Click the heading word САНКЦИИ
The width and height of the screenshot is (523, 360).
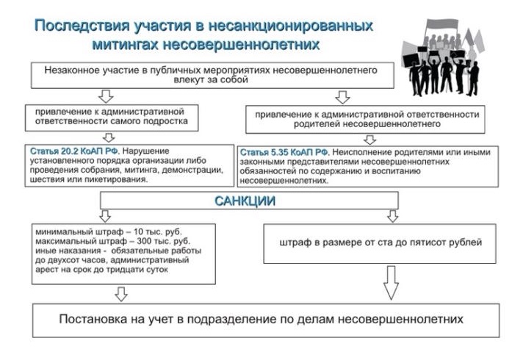point(245,201)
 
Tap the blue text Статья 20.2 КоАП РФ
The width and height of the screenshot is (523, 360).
point(74,151)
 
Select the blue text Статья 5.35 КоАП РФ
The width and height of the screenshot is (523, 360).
point(284,153)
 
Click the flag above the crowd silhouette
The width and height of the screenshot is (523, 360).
point(442,26)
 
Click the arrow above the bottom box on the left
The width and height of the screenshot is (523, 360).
point(120,294)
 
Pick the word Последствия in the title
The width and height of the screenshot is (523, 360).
point(82,26)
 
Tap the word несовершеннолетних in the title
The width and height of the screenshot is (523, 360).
point(241,44)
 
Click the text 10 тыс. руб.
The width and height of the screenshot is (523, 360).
point(158,231)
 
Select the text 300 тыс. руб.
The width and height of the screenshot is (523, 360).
point(164,241)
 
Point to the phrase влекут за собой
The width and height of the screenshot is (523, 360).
point(211,79)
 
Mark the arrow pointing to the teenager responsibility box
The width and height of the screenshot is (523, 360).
point(106,96)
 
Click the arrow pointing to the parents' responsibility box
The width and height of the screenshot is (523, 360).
point(342,97)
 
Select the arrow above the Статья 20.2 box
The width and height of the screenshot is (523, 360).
point(109,137)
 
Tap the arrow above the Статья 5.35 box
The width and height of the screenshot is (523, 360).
point(369,140)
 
